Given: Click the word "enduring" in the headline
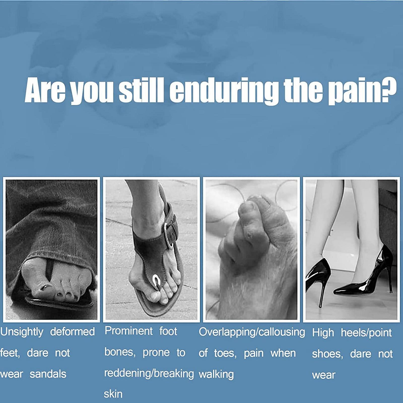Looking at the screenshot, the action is click(224, 91).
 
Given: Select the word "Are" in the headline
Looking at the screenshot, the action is click(45, 90).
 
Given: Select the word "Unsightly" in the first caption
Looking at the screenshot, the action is click(22, 332).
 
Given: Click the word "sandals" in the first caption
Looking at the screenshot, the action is click(48, 374).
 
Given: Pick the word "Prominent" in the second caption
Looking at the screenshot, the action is click(129, 331).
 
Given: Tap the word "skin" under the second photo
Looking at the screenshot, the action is click(113, 394).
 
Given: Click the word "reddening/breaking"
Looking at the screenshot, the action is click(149, 374).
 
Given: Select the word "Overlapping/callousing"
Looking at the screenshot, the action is click(252, 332).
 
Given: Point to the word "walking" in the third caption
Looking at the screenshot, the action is click(216, 375).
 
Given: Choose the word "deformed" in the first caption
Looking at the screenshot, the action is click(73, 332).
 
